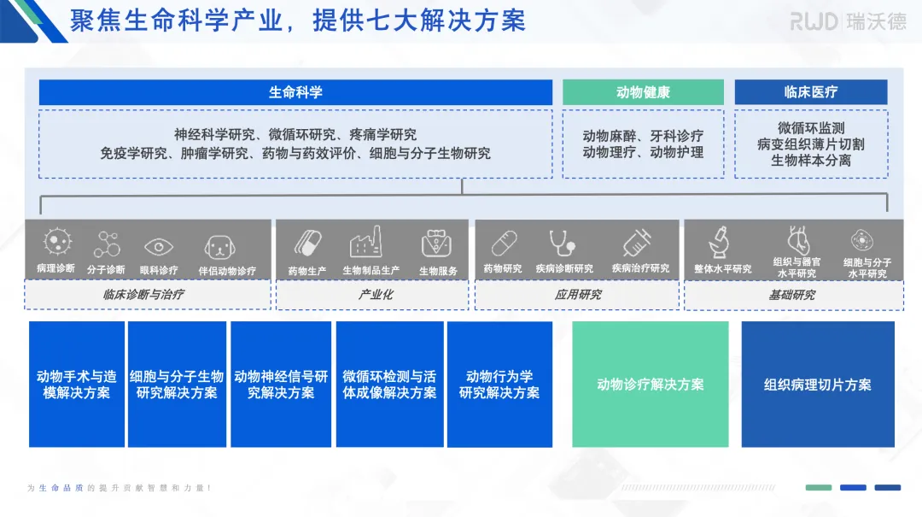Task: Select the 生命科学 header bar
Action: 295,92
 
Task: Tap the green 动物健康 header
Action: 643,92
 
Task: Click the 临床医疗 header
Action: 810,92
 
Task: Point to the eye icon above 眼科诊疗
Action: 159,247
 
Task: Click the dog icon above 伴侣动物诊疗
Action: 219,247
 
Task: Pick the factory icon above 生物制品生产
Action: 365,244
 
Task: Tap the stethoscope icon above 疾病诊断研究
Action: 563,244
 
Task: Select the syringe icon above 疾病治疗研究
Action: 638,244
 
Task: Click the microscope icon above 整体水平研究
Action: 721,242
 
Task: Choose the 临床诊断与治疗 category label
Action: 148,295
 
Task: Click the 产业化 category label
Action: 372,295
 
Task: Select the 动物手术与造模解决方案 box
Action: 77,385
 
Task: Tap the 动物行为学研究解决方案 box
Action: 499,385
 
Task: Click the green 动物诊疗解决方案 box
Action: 651,385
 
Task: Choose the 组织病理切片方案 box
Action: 817,385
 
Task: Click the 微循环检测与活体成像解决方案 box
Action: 389,385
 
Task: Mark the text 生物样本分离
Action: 810,161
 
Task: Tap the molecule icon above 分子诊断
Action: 107,245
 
